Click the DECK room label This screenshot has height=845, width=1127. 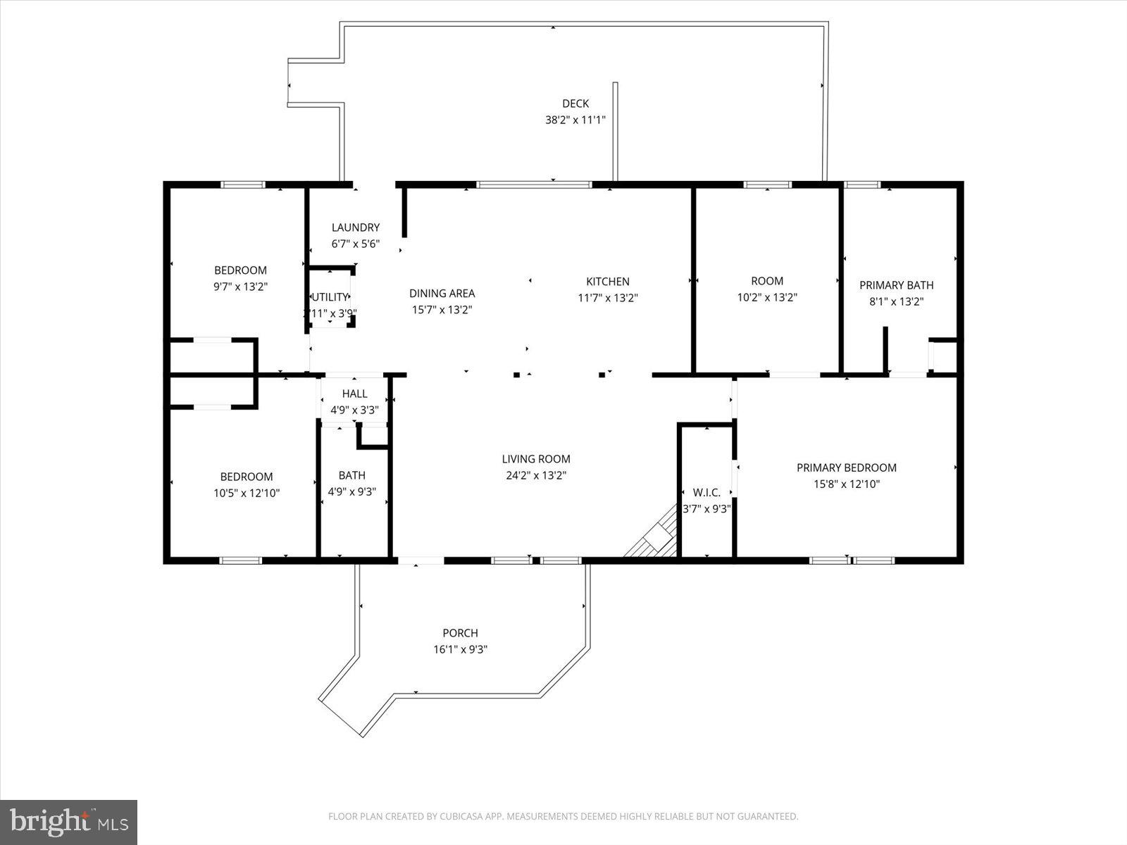(575, 104)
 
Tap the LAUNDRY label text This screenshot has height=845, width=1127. (356, 227)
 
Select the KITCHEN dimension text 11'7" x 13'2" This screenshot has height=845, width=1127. (607, 298)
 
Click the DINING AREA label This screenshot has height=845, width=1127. (442, 293)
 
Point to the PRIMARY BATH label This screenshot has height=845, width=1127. (896, 285)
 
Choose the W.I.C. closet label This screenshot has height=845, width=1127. (706, 492)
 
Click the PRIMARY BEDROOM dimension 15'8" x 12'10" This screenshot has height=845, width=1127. (846, 484)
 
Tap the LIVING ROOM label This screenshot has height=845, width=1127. (536, 459)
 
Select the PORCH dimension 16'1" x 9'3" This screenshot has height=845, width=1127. (461, 649)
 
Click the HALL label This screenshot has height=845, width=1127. (354, 394)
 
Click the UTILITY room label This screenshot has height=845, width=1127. (330, 297)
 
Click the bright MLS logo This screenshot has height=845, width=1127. (69, 822)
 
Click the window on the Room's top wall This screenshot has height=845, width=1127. (767, 184)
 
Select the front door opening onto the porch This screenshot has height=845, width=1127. (421, 561)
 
